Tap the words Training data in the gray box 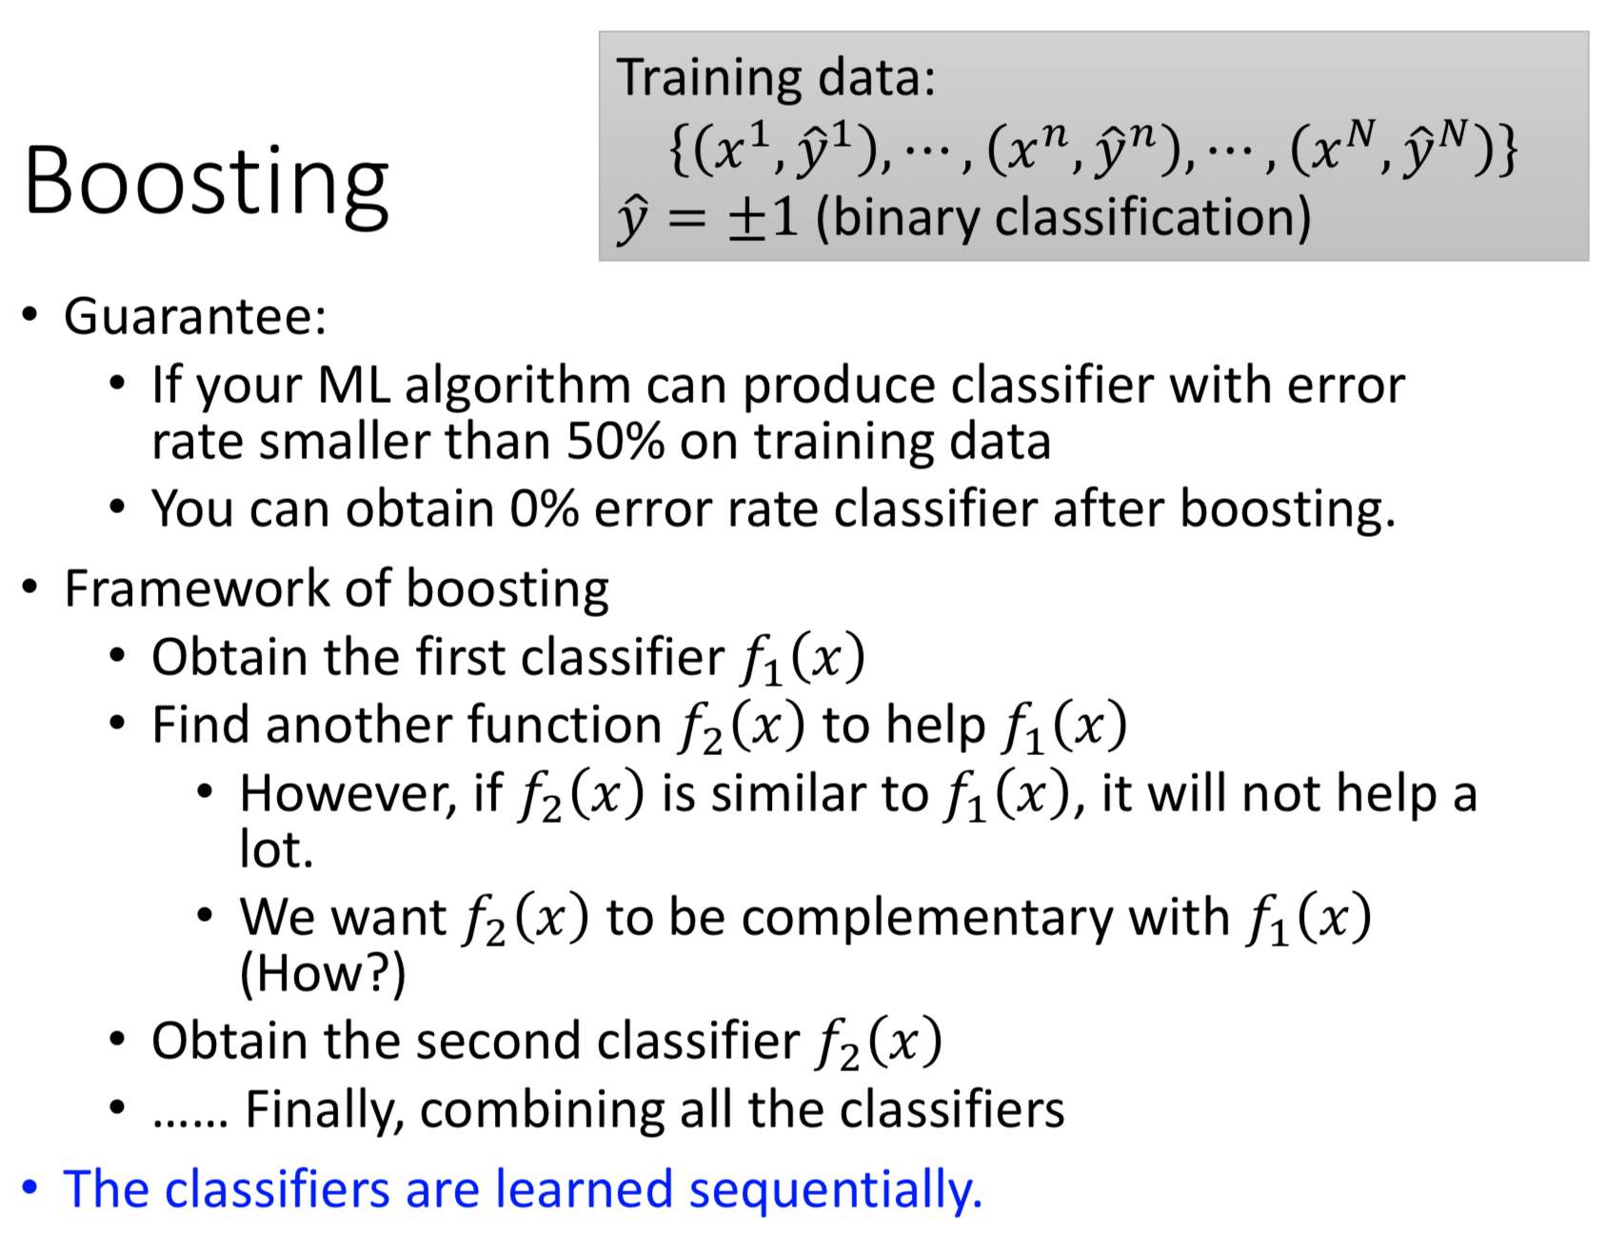coord(775,78)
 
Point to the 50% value coord(615,442)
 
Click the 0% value coord(544,508)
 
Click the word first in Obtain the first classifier coord(456,657)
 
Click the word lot coord(276,849)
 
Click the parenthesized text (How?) coord(323,974)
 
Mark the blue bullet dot coord(30,1188)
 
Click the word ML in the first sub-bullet coord(353,386)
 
